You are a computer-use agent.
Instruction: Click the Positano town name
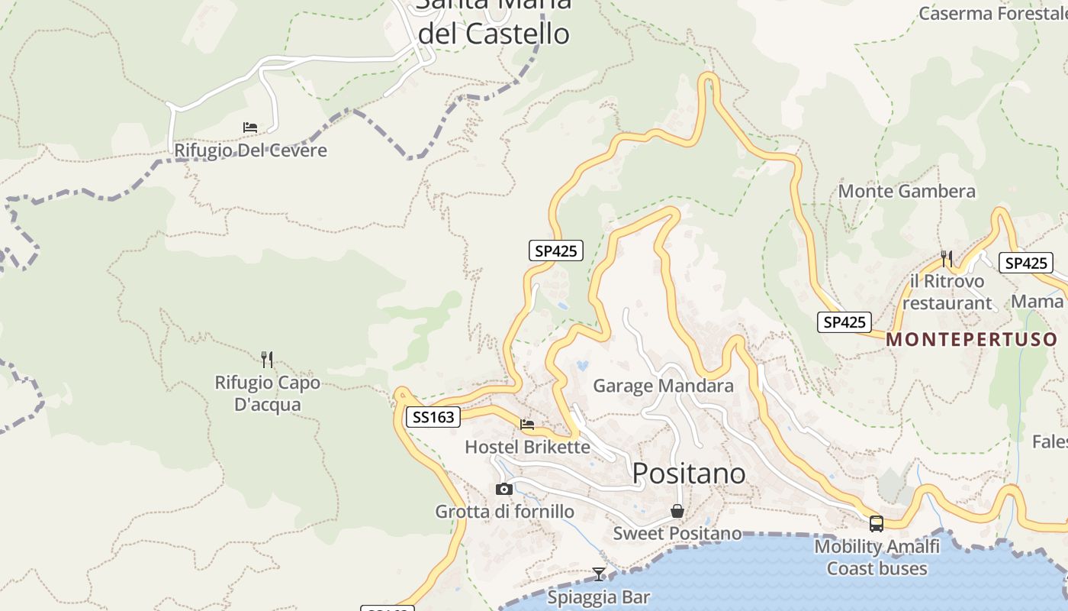(x=689, y=474)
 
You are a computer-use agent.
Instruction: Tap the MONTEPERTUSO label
(x=972, y=339)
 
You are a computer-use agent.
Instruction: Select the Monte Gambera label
(x=906, y=191)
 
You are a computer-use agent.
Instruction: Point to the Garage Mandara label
(x=663, y=386)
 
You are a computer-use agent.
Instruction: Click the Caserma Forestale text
(x=992, y=13)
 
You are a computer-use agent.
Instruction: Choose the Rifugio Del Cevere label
(x=250, y=150)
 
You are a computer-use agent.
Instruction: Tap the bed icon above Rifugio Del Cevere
(x=250, y=128)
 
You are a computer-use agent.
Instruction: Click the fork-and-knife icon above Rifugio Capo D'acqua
(x=267, y=359)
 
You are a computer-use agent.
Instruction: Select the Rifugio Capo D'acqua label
(x=268, y=393)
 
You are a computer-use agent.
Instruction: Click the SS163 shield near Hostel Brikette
(x=433, y=417)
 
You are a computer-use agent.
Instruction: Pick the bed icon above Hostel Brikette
(x=527, y=425)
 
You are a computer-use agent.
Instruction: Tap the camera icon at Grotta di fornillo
(x=503, y=489)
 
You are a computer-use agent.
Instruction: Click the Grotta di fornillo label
(x=504, y=512)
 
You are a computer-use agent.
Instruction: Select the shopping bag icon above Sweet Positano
(x=677, y=511)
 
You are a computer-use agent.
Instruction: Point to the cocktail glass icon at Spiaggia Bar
(x=599, y=574)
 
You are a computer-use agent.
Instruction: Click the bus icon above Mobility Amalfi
(x=877, y=524)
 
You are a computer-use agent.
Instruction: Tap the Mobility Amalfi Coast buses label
(x=877, y=558)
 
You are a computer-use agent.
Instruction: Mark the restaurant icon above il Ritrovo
(x=947, y=259)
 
